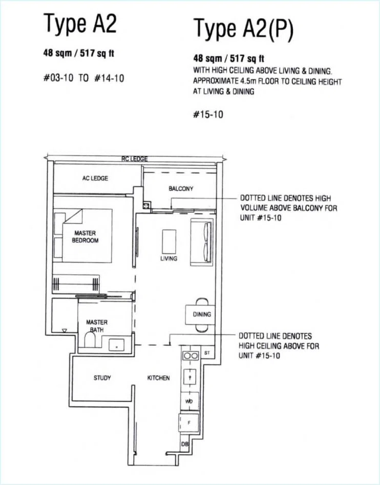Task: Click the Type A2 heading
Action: point(80,24)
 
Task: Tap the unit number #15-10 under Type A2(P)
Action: point(208,115)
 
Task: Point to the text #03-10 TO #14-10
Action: point(83,78)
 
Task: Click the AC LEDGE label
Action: point(95,179)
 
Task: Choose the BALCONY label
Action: point(181,188)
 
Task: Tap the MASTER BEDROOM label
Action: point(85,237)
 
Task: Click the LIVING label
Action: point(169,258)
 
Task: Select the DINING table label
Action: point(202,314)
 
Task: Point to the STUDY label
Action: point(102,378)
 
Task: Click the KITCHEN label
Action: point(158,378)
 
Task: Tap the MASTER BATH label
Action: point(97,326)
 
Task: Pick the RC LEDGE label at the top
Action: point(134,159)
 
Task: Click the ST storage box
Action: point(207,352)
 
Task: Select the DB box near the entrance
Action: point(184,444)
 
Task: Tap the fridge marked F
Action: point(189,423)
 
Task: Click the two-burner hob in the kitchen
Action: point(191,356)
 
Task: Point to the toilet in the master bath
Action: point(90,340)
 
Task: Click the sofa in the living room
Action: point(202,242)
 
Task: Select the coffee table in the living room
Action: point(169,241)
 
